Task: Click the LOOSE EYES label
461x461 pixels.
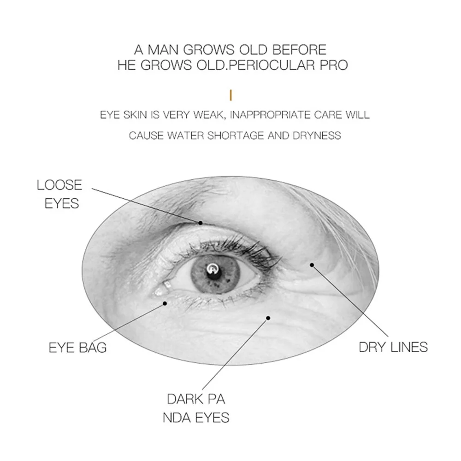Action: (59, 194)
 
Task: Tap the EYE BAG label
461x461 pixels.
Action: (77, 347)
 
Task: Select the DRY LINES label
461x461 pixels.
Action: (393, 347)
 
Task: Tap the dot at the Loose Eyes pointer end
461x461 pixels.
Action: (201, 223)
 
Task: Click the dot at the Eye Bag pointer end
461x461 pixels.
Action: (165, 303)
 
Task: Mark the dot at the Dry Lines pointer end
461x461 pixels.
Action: (312, 265)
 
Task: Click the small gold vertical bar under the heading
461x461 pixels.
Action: (230, 95)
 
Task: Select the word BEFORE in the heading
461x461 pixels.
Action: (300, 49)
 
